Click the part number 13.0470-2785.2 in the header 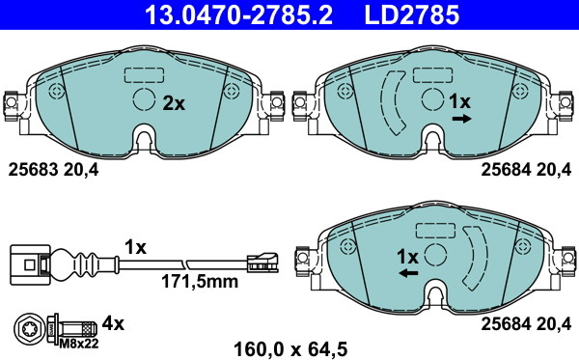click(x=239, y=14)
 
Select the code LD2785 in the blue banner click(x=412, y=14)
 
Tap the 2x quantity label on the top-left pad click(x=174, y=104)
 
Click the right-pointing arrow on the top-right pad click(x=462, y=119)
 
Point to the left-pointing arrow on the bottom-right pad click(x=409, y=273)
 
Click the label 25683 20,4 click(x=53, y=170)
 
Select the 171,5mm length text click(x=200, y=282)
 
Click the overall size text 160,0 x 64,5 click(x=290, y=348)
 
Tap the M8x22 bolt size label click(x=79, y=344)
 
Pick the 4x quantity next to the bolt click(x=113, y=324)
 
